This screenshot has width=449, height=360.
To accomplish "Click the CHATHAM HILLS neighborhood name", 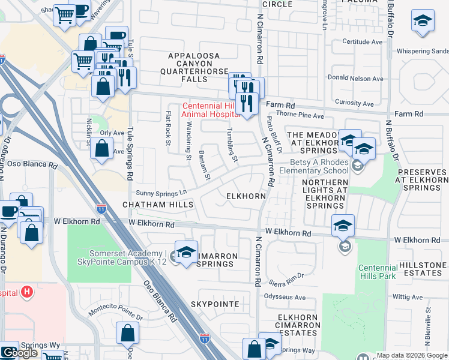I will point(158,205).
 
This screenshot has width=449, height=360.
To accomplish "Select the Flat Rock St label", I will point(169,127).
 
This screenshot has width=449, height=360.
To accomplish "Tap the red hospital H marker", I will point(26,292).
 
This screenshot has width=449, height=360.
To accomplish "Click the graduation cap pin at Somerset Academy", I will point(186,251).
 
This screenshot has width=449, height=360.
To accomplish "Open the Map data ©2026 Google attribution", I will point(412,355).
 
